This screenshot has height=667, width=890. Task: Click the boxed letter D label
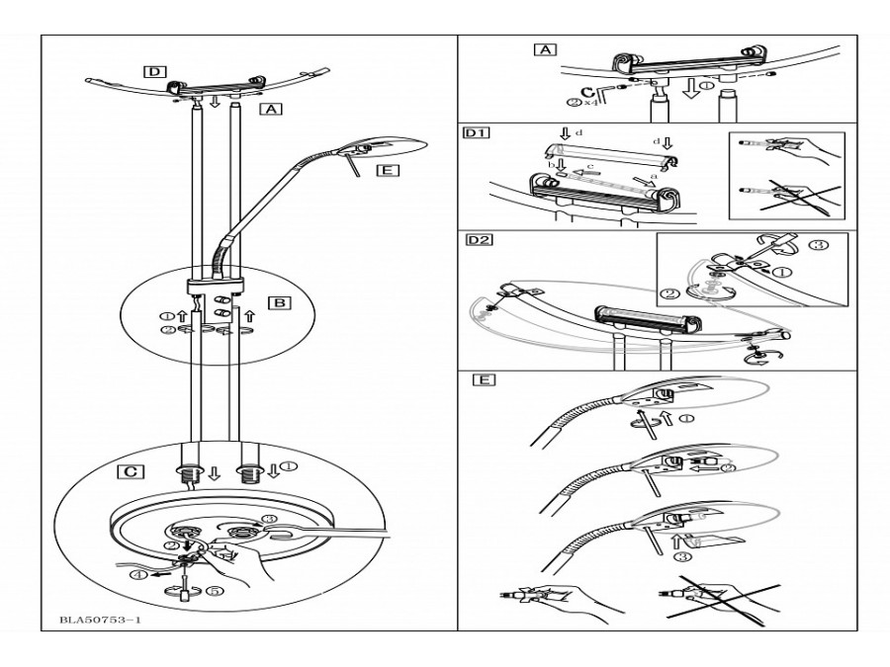tap(154, 71)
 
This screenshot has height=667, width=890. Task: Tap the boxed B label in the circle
tap(279, 302)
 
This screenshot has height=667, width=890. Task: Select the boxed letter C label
tap(131, 471)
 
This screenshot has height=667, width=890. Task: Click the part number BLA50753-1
tap(101, 620)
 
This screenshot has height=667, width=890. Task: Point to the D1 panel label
tap(477, 133)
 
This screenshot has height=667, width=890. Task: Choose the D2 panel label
tap(479, 239)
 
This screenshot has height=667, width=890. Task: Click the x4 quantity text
tap(590, 103)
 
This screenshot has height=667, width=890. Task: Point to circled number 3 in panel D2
tap(821, 246)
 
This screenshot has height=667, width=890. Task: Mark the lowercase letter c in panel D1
tap(590, 166)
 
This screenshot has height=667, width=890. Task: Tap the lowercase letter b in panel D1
tap(550, 164)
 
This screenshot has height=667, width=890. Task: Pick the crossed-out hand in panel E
tap(721, 599)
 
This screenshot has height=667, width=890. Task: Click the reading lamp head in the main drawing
tap(382, 148)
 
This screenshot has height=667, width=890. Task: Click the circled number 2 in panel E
tap(729, 468)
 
